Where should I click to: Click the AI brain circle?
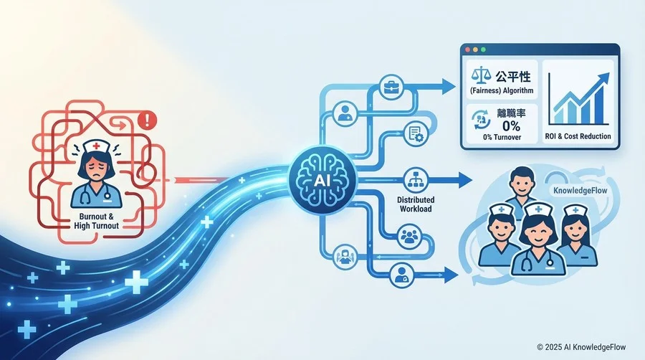(322, 181)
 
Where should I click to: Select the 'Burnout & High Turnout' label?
(96, 221)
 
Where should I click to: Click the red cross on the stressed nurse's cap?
(96, 146)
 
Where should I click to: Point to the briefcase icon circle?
(390, 87)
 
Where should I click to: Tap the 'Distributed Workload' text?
(416, 204)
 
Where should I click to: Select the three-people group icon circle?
(409, 236)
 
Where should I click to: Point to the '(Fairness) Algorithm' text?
(502, 90)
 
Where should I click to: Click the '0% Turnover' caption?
(502, 137)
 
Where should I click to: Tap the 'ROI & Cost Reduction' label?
(578, 136)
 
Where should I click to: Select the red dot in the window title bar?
(468, 49)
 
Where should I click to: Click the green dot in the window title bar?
(483, 49)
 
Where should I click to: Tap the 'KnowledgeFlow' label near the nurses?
(580, 191)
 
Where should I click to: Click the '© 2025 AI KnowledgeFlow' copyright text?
(581, 347)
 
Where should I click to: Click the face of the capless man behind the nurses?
(521, 186)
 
